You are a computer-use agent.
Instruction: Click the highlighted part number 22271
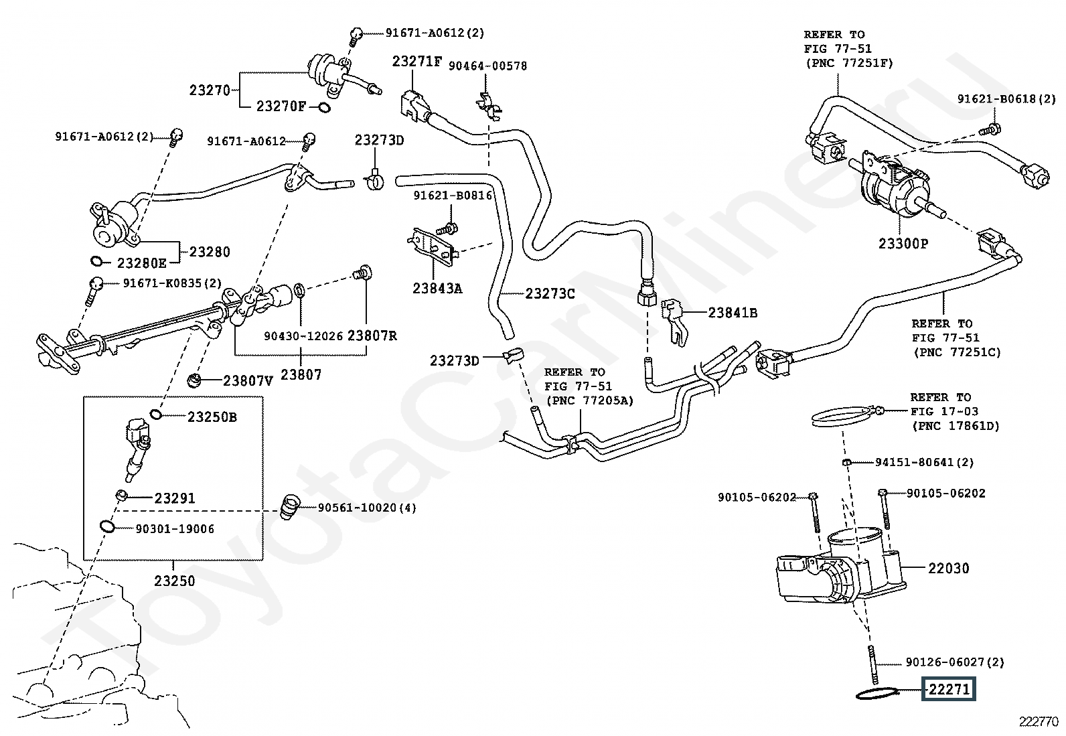(x=949, y=689)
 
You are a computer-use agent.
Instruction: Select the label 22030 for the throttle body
(x=948, y=569)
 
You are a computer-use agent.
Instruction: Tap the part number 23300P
(x=903, y=244)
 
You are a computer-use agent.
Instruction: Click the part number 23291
(x=174, y=498)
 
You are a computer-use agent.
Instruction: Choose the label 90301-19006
(x=175, y=529)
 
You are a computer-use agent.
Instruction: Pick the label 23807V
(x=248, y=381)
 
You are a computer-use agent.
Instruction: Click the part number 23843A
(x=437, y=289)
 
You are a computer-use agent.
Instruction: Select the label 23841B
(x=733, y=313)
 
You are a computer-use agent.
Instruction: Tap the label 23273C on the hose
(x=550, y=293)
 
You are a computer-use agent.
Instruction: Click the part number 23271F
(x=416, y=62)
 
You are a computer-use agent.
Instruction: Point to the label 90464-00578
(x=487, y=66)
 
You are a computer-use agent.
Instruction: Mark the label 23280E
(x=141, y=263)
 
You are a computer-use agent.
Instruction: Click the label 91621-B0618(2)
(x=1006, y=99)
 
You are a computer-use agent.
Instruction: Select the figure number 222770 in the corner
(x=1039, y=721)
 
